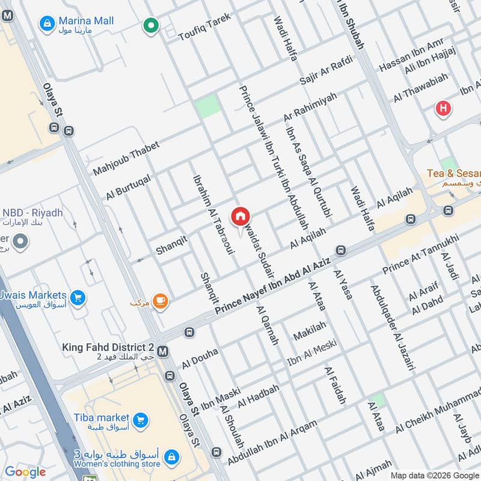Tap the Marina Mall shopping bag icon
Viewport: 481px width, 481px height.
(45, 23)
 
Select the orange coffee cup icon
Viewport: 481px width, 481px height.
(159, 301)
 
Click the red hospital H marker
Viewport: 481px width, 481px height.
(443, 109)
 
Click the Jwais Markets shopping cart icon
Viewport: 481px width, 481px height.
(77, 297)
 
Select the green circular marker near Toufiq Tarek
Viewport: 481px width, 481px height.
(150, 26)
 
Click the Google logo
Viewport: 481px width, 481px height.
(25, 472)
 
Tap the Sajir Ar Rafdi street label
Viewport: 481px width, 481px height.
(325, 73)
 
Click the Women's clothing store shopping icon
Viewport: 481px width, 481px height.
(171, 458)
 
